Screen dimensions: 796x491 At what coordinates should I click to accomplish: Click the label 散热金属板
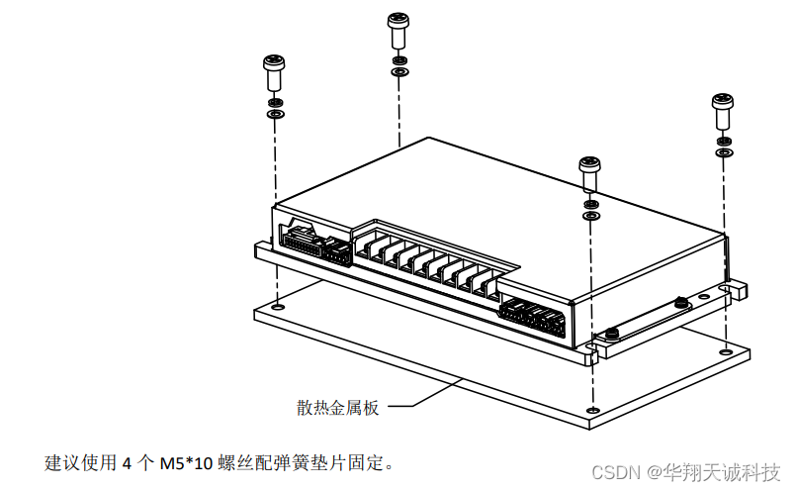(337, 406)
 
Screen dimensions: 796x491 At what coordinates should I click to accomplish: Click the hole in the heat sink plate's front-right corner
(591, 409)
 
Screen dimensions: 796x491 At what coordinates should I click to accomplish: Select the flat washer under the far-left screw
(275, 115)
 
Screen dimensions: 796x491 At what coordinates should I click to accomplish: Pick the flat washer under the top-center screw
(398, 72)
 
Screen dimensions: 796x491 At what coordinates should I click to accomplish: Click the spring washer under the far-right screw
(723, 140)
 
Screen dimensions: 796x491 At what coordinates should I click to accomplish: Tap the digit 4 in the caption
(126, 462)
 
